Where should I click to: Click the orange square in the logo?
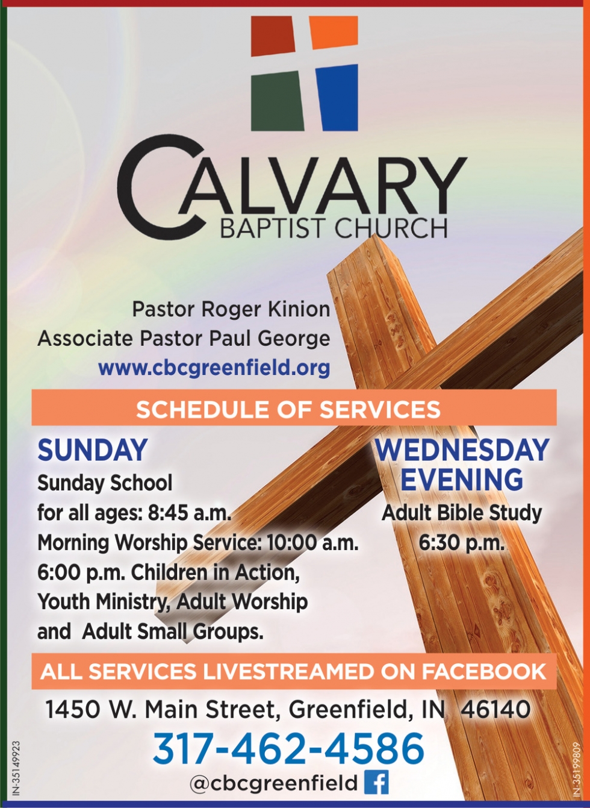(334, 33)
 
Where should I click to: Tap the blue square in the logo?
(337, 98)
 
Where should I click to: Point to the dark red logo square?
(273, 36)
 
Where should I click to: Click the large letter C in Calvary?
(160, 187)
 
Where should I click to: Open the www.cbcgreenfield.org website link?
(214, 368)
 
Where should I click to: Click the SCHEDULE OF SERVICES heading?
(288, 410)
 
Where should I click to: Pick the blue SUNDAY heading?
(93, 450)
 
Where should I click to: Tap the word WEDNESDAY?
(462, 450)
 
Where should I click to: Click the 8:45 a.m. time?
(189, 513)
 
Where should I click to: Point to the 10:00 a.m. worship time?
(312, 543)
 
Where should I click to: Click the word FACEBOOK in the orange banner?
(483, 672)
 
